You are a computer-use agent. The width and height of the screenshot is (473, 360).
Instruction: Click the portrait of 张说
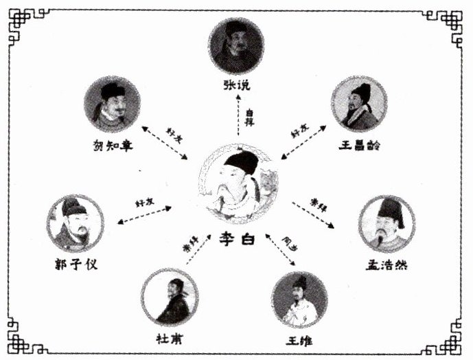coord(236,46)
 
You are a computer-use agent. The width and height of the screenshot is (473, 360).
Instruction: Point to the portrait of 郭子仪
coord(76,223)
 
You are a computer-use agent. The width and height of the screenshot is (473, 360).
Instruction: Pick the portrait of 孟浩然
coord(387,223)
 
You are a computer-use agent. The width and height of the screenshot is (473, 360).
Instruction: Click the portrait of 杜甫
coord(170,297)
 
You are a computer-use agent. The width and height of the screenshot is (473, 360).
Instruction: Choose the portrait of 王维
coord(300,300)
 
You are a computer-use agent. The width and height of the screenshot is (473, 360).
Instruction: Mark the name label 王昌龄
coord(359,145)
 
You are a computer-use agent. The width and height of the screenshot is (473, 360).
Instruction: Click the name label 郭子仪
coord(76,265)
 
